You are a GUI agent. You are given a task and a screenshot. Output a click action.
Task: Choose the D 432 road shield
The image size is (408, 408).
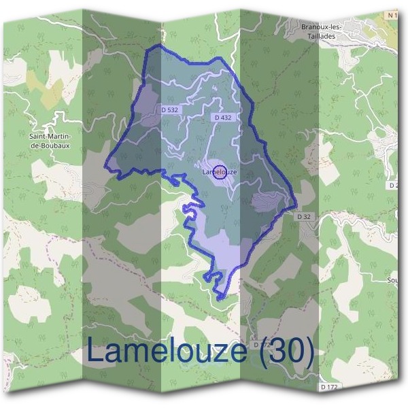[224, 117]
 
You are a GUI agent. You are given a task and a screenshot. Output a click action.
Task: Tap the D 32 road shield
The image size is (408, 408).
[303, 216]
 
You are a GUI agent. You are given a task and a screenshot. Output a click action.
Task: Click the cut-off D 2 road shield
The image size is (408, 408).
[394, 185]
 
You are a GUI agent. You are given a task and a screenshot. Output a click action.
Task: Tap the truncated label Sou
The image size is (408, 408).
[393, 279]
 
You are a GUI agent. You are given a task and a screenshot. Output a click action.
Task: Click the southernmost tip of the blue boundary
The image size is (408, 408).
[221, 299]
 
